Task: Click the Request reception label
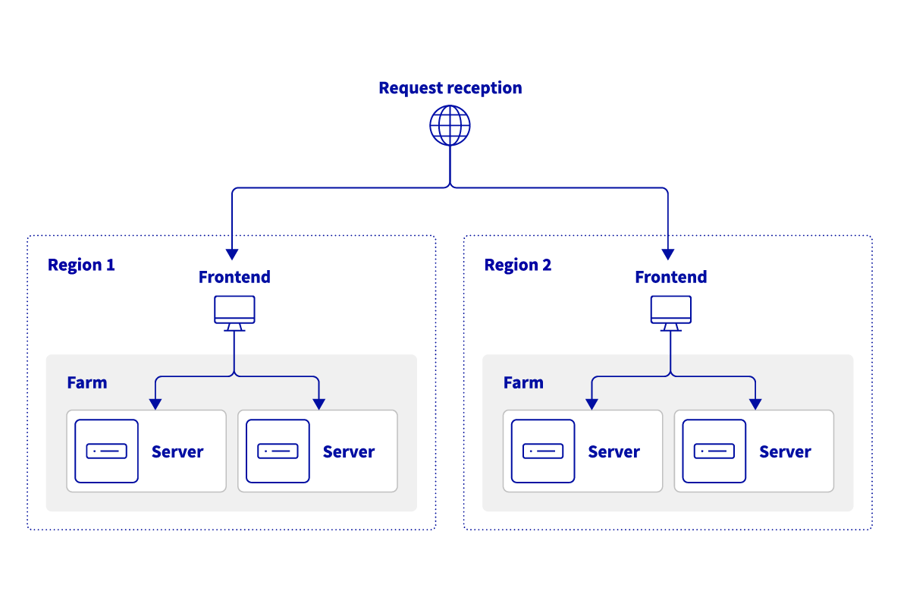pyautogui.click(x=450, y=88)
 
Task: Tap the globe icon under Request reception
pyautogui.click(x=450, y=125)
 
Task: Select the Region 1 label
pyautogui.click(x=81, y=266)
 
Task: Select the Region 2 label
pyautogui.click(x=518, y=266)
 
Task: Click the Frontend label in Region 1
pyautogui.click(x=234, y=278)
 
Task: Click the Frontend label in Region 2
pyautogui.click(x=670, y=278)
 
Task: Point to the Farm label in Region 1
pyautogui.click(x=87, y=382)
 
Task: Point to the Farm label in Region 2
pyautogui.click(x=523, y=382)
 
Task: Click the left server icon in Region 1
pyautogui.click(x=107, y=451)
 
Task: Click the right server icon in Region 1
pyautogui.click(x=278, y=451)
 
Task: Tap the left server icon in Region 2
pyautogui.click(x=543, y=451)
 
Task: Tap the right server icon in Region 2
pyautogui.click(x=714, y=451)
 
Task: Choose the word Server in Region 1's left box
pyautogui.click(x=177, y=452)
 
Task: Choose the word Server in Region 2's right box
pyautogui.click(x=785, y=452)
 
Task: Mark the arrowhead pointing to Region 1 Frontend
pyautogui.click(x=232, y=254)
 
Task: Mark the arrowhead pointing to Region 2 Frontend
pyautogui.click(x=668, y=254)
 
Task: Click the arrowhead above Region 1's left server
pyautogui.click(x=155, y=404)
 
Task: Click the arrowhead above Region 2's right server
pyautogui.click(x=755, y=404)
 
